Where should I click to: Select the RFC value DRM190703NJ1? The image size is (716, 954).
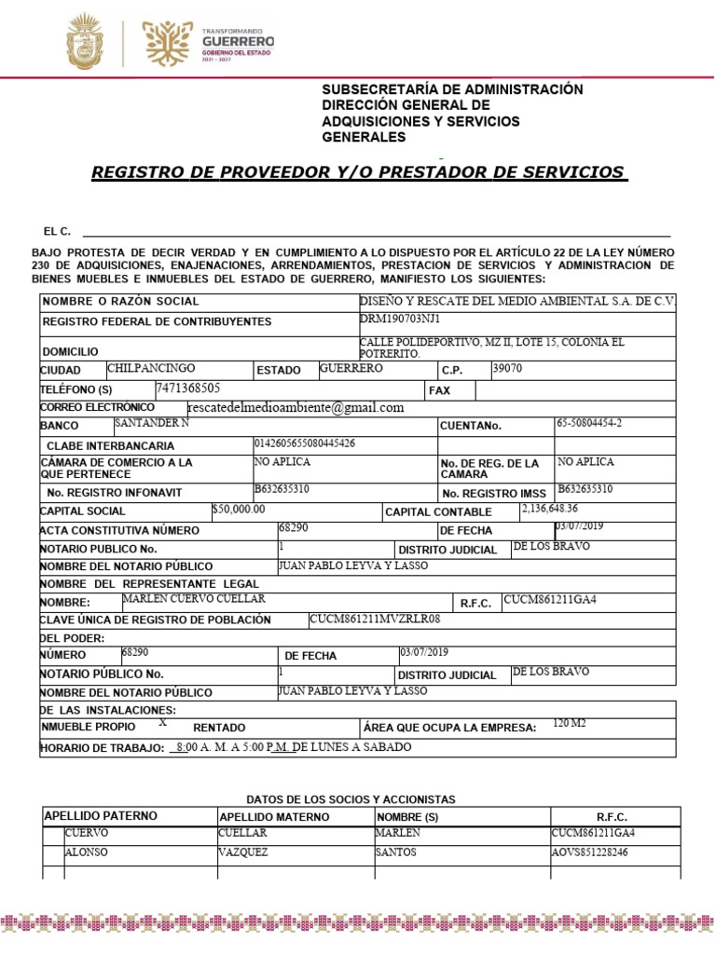[x=400, y=319]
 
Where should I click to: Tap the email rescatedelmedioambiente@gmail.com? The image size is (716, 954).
[x=296, y=407]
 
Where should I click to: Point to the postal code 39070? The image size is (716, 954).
[x=507, y=368]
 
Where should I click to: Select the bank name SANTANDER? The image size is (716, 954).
[x=151, y=423]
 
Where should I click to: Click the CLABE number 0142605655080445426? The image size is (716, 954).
[x=305, y=443]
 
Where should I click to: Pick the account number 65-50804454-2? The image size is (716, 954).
[x=589, y=423]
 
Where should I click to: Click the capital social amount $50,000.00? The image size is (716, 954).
[x=239, y=509]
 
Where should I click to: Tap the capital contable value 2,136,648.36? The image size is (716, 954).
[x=549, y=509]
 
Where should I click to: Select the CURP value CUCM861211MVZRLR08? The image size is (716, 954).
[x=375, y=619]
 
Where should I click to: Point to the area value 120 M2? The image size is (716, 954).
[x=570, y=723]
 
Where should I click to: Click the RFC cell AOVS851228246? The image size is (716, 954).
[x=589, y=852]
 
